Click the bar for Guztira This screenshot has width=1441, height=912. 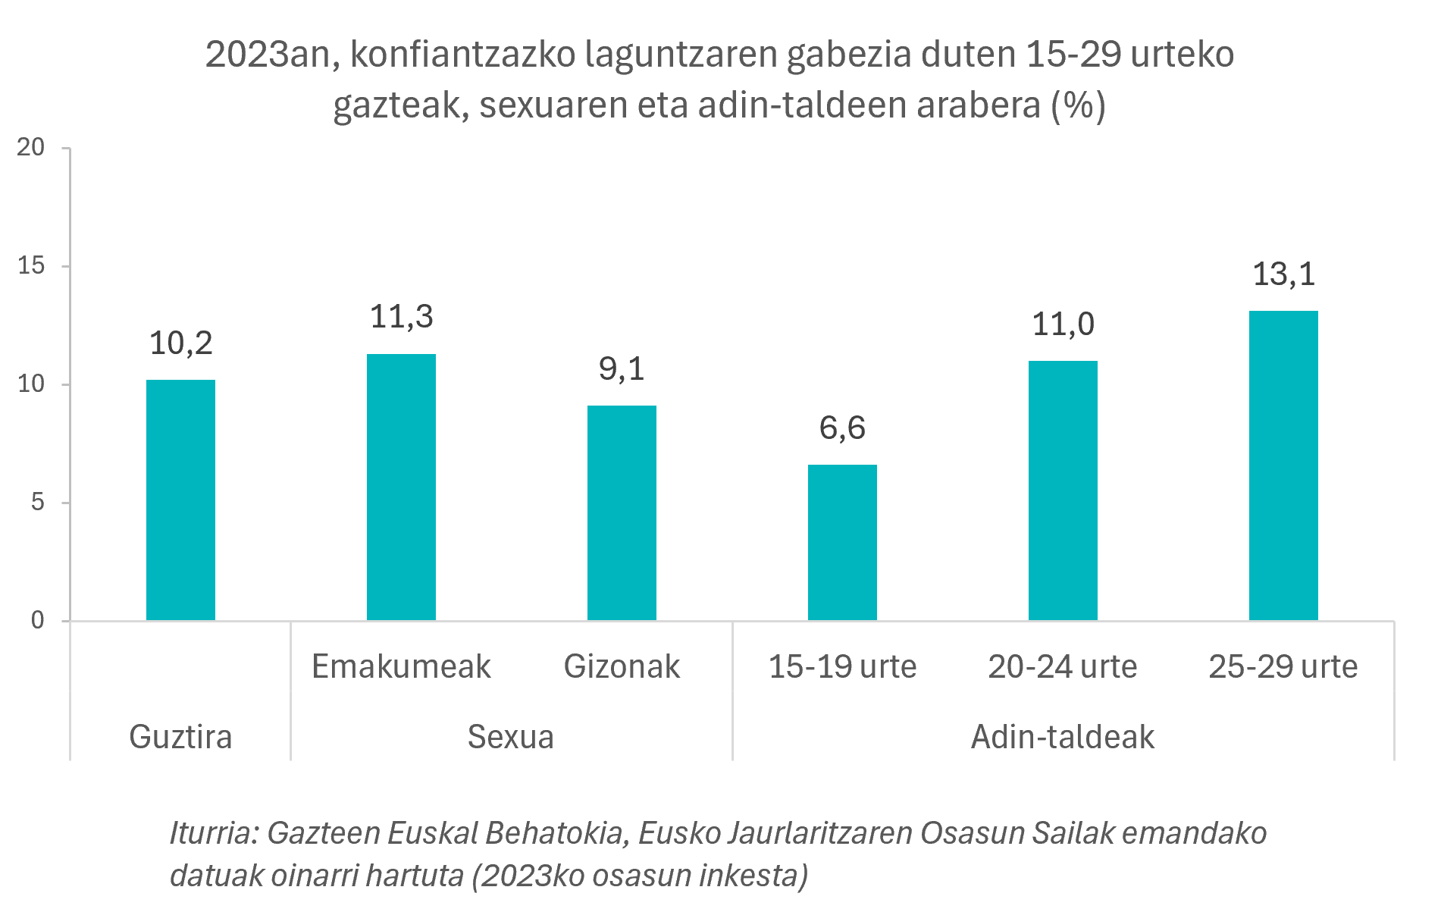pyautogui.click(x=180, y=500)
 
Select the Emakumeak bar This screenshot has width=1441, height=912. pyautogui.click(x=401, y=487)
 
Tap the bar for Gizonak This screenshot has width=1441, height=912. pyautogui.click(x=622, y=513)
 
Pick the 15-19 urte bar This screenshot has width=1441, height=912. pyautogui.click(x=842, y=543)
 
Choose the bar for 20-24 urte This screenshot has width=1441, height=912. pyautogui.click(x=1063, y=490)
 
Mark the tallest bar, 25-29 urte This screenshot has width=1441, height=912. pyautogui.click(x=1283, y=465)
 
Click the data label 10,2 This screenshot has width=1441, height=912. pyautogui.click(x=180, y=343)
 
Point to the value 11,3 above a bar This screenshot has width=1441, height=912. pyautogui.click(x=401, y=317)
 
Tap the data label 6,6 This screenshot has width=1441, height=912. pyautogui.click(x=842, y=428)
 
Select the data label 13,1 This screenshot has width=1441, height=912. pyautogui.click(x=1283, y=274)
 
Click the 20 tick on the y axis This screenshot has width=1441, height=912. pyautogui.click(x=31, y=147)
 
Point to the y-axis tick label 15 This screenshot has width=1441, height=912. pyautogui.click(x=31, y=265)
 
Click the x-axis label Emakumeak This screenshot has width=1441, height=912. pyautogui.click(x=401, y=666)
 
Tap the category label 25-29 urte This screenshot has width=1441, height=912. pyautogui.click(x=1283, y=666)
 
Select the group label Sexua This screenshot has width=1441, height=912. pyautogui.click(x=510, y=737)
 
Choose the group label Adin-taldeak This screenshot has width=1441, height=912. pyautogui.click(x=1063, y=737)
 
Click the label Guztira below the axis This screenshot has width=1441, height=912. pyautogui.click(x=180, y=737)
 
